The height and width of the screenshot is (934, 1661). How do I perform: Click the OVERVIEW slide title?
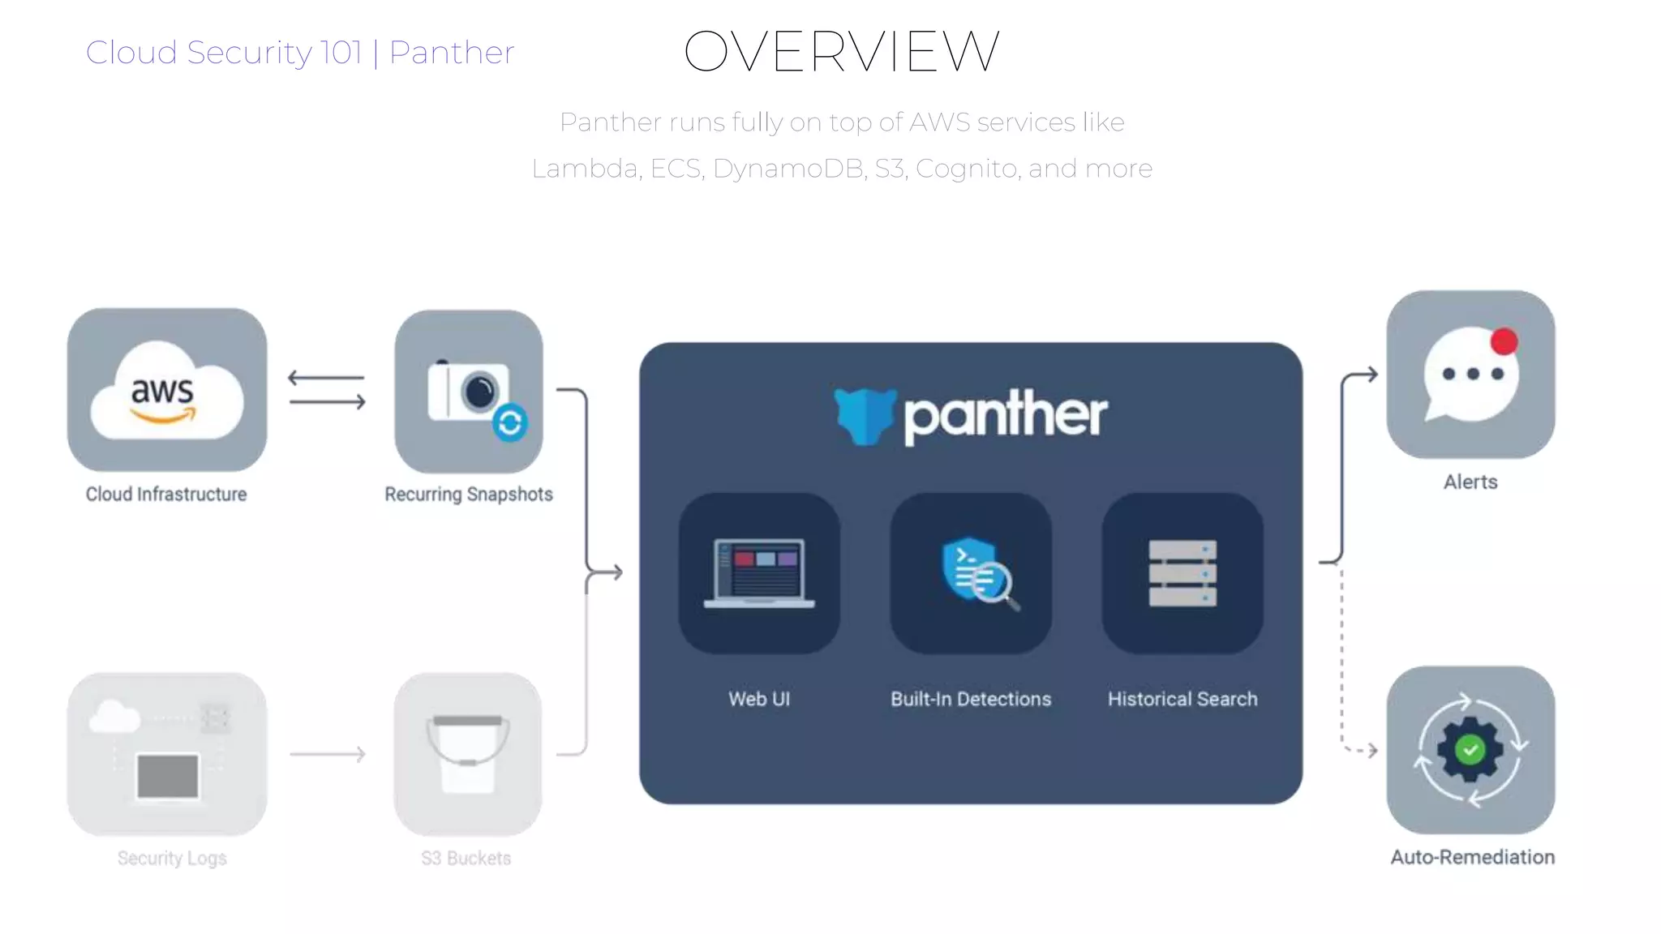(841, 52)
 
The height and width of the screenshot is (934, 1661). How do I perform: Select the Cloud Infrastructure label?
(166, 494)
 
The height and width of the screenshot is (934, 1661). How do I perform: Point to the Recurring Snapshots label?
(469, 494)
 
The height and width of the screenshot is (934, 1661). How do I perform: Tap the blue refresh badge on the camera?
(510, 422)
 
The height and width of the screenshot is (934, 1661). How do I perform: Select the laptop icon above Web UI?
(759, 573)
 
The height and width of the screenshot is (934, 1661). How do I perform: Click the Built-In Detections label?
(971, 699)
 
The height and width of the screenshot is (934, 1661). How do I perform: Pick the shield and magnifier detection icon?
(977, 571)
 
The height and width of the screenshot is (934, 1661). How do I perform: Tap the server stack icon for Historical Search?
(1182, 573)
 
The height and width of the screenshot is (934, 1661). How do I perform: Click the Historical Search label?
(1182, 699)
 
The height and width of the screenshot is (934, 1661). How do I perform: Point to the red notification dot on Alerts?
(1504, 341)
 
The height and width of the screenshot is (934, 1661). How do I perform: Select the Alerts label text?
(1470, 482)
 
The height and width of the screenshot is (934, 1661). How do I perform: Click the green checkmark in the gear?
(1470, 750)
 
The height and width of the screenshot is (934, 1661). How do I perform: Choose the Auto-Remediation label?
(1472, 857)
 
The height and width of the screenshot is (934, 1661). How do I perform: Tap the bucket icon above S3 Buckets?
(467, 753)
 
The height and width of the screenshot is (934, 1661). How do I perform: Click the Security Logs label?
(172, 858)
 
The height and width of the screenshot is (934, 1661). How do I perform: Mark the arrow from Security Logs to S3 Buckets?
(328, 754)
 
